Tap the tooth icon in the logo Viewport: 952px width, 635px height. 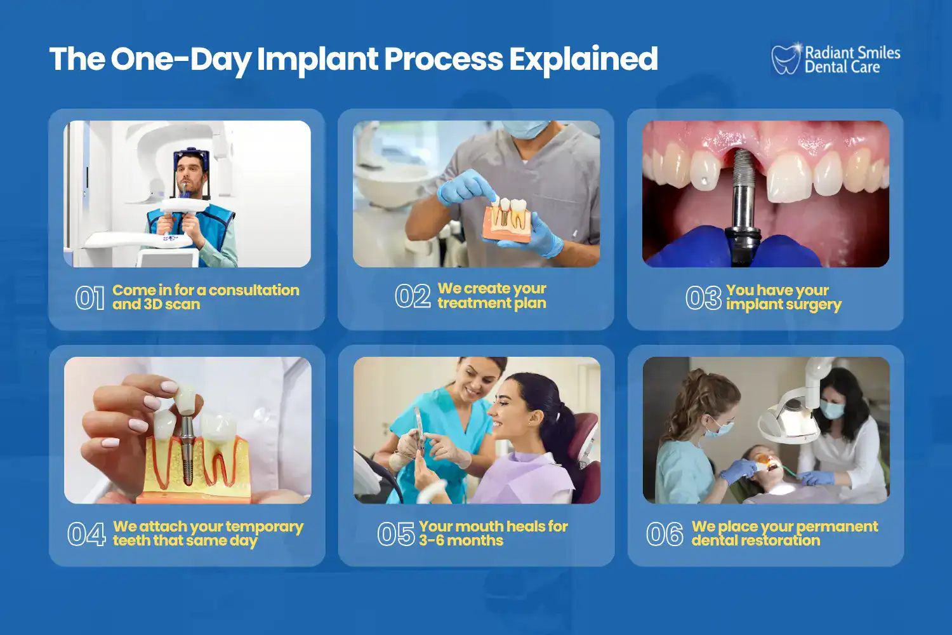coord(786,60)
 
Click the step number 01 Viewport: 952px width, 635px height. coord(89,298)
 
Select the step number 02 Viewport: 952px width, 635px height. coord(413,297)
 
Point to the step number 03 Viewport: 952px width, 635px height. coord(703,298)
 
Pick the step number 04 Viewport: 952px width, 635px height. coord(86,534)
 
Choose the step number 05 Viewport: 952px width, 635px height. coord(396,534)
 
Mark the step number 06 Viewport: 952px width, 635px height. coord(664,534)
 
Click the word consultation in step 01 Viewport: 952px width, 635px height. coord(254,290)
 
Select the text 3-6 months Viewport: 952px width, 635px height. coord(461,541)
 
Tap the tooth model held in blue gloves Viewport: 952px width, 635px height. coord(508,220)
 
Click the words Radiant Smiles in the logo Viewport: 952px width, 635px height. coord(852,53)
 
